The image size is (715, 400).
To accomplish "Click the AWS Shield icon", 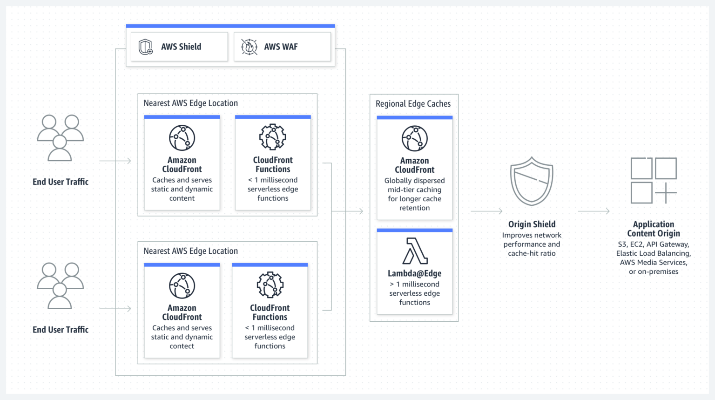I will tap(146, 47).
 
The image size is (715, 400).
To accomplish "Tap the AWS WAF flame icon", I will tap(249, 47).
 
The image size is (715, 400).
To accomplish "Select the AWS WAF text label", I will tap(281, 47).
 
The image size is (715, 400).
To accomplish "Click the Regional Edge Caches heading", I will tap(413, 104).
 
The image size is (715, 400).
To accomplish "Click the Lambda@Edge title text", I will tap(414, 273).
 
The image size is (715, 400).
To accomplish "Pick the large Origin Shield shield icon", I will tap(532, 181).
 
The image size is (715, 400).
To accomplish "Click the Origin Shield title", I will tap(532, 224).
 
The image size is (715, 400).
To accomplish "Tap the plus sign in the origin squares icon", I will tap(666, 192).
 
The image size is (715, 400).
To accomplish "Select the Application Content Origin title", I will tap(653, 229).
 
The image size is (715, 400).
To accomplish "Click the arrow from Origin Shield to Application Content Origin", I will tap(594, 211).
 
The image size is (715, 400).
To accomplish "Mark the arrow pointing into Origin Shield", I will tap(486, 211).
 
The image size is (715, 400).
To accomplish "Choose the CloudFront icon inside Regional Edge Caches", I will tap(414, 138).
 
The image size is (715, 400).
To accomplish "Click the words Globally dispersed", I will tap(414, 181).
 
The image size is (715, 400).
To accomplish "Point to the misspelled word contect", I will tap(182, 346).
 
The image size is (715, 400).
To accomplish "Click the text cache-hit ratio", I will tap(532, 253).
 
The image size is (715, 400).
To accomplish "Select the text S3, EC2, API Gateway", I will tap(653, 244).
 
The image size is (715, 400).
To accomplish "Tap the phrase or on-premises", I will tap(653, 271).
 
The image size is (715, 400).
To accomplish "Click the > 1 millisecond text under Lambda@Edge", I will tap(414, 284).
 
